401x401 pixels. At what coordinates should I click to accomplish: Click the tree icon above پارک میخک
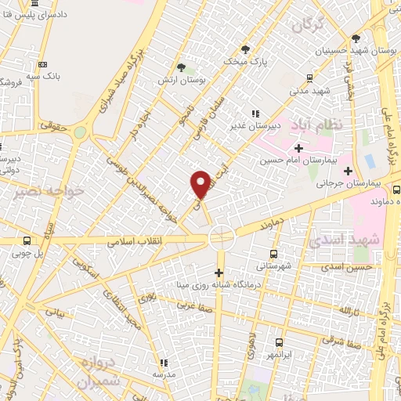coord(245,49)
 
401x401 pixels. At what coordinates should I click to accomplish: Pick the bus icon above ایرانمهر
coord(280,342)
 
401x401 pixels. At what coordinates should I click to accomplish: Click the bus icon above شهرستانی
coord(273,254)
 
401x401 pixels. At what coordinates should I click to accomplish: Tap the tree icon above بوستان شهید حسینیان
coord(356,37)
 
